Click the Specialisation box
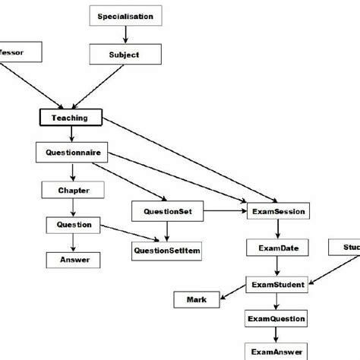125,16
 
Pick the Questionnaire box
70,153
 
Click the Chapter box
74,190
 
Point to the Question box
74,225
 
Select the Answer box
74,260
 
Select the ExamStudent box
279,285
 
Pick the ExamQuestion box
278,320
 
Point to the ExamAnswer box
278,352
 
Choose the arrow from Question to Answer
73,242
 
